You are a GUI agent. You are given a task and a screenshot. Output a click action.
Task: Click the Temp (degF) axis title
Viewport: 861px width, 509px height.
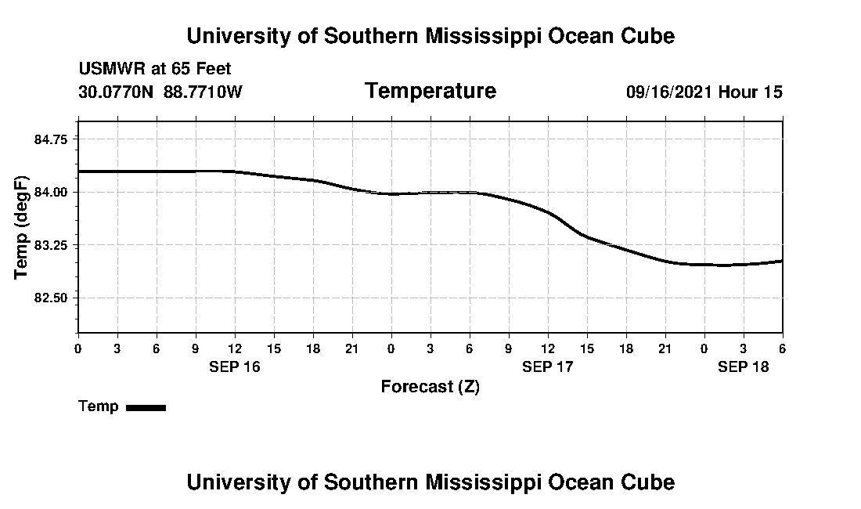coord(21,228)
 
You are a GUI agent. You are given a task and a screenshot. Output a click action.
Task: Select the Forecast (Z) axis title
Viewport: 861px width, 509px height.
coord(430,386)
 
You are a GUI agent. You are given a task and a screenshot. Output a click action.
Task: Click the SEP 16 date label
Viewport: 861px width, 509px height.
coord(235,366)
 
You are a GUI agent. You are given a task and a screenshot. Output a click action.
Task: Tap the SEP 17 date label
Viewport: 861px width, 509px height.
coord(548,366)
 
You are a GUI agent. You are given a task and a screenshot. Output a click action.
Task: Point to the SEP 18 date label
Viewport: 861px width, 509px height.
coord(744,366)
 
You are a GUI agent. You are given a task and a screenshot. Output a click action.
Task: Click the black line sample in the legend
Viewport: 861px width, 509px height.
coord(146,407)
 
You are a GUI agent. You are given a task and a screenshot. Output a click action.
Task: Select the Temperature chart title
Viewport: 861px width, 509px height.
coord(430,91)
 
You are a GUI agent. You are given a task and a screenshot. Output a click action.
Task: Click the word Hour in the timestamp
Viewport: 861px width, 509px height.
coord(739,92)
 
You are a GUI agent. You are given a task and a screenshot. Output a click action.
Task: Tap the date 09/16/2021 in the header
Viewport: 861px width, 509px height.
coord(669,92)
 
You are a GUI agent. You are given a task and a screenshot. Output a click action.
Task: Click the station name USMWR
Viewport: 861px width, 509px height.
coord(109,69)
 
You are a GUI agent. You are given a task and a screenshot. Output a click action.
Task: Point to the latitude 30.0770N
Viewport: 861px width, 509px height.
coord(117,92)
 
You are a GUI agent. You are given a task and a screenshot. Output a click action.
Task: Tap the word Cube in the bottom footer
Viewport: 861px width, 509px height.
coord(650,482)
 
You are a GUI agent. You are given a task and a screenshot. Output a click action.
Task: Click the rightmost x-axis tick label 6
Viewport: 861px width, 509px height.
coord(783,348)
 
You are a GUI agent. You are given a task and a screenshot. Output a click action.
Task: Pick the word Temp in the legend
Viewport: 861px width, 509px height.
coord(99,406)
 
